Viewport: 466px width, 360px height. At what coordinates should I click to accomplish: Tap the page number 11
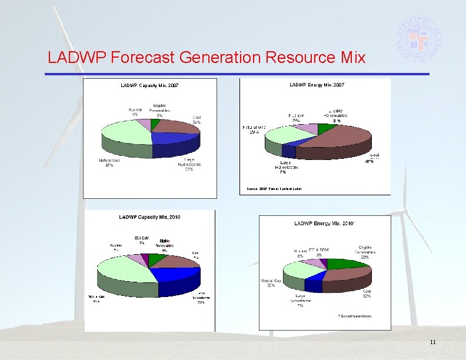click(432, 342)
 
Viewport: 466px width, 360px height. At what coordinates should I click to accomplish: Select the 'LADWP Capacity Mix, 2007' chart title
click(149, 86)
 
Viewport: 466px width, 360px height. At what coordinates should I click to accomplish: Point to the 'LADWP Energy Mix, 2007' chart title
click(317, 85)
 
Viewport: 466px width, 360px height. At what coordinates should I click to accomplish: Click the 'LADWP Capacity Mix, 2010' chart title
click(149, 217)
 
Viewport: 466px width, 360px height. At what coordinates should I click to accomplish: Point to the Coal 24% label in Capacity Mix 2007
click(197, 120)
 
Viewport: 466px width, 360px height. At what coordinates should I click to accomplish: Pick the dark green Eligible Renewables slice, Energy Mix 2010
click(338, 264)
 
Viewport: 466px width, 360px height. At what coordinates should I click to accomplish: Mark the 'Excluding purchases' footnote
click(354, 316)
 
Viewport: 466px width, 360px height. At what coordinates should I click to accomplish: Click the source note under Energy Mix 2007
click(274, 189)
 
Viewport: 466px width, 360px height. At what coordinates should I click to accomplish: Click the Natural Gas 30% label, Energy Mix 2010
click(271, 284)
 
